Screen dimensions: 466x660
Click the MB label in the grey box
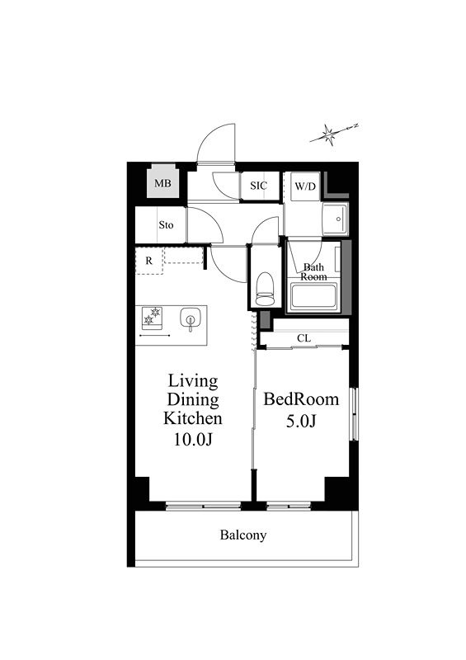click(162, 183)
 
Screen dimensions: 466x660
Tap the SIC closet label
click(258, 186)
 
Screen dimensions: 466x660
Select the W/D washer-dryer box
click(306, 186)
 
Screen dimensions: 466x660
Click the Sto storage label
click(166, 225)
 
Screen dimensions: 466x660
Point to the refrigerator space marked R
click(149, 261)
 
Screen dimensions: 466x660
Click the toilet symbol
click(265, 289)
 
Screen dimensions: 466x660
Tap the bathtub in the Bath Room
click(313, 295)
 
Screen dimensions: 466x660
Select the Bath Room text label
click(313, 272)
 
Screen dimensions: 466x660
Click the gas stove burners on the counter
click(152, 317)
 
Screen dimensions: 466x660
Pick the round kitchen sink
click(190, 318)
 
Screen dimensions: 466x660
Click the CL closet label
click(304, 338)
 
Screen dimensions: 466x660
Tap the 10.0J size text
click(192, 439)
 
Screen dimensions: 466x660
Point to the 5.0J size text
click(301, 421)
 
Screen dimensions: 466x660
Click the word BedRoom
click(301, 399)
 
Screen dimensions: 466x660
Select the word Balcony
click(243, 535)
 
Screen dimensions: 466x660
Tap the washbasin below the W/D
click(335, 219)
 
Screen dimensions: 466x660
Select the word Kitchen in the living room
click(192, 418)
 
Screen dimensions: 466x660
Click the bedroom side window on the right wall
click(355, 415)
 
